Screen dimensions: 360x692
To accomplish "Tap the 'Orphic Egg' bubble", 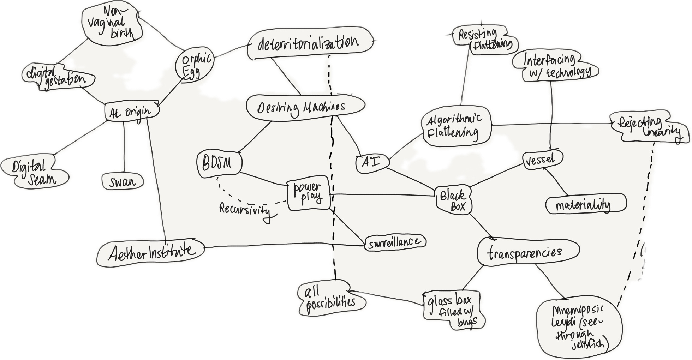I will click(196, 65).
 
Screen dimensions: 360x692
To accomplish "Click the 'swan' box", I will click(122, 182).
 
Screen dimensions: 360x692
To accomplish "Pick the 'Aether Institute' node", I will click(151, 252).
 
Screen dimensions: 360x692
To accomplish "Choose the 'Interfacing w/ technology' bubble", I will click(556, 66).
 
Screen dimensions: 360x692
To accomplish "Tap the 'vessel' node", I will click(541, 160).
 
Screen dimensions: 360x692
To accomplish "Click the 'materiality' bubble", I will click(584, 205).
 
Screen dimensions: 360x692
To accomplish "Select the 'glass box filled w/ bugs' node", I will click(452, 309).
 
